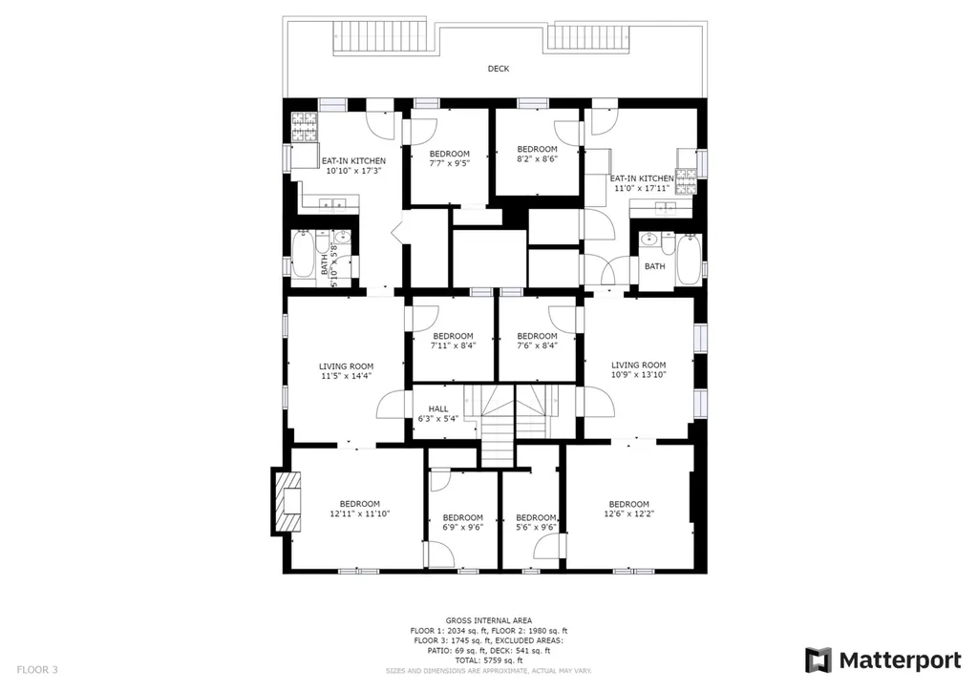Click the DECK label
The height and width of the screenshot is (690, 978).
pos(498,69)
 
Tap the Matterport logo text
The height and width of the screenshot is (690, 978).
pos(900,660)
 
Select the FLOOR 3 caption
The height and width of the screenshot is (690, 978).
pos(37,670)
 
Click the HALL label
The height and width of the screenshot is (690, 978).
pos(437,408)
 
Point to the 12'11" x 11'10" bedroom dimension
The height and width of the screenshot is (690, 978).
pos(360,513)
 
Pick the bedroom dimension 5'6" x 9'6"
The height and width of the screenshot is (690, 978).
pos(536,528)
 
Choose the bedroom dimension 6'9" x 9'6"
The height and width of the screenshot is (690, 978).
pos(463,528)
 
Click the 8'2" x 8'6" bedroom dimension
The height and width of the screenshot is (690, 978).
pos(537,158)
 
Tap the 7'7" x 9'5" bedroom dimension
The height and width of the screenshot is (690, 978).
pos(449,163)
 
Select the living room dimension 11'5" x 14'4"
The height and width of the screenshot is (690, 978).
pos(346,376)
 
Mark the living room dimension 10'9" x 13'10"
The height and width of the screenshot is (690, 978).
pos(639,375)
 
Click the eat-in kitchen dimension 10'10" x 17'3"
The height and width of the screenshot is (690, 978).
pos(353,170)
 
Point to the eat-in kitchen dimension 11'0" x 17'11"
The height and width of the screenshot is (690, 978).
pos(642,188)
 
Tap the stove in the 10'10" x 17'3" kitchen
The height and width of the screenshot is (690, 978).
pos(305,127)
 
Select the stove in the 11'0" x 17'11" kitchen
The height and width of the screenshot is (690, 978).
pos(686,180)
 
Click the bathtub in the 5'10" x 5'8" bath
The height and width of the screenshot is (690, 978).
pos(303,254)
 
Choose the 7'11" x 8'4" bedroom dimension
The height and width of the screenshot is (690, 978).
pos(453,345)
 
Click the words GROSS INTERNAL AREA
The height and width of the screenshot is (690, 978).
pos(489,620)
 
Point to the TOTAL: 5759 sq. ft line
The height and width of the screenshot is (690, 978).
pos(489,660)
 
